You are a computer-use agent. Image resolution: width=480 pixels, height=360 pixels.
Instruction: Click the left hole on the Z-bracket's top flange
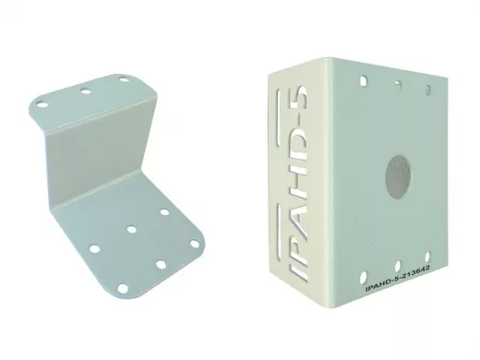click(x=42, y=104)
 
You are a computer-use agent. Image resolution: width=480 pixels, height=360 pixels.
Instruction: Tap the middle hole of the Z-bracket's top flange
click(x=85, y=91)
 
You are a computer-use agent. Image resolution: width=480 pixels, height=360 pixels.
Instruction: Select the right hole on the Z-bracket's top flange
click(x=124, y=79)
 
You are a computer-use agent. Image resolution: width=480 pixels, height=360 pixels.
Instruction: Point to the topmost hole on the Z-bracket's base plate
click(x=164, y=212)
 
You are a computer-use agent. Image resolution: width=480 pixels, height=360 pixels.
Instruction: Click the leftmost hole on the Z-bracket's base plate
click(x=94, y=248)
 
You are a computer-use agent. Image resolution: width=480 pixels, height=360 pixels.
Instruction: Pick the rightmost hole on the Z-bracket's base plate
click(x=195, y=244)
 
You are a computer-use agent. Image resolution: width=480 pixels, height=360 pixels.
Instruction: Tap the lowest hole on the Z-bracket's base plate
click(x=123, y=288)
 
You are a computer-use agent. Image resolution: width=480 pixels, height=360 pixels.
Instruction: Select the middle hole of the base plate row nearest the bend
click(x=132, y=229)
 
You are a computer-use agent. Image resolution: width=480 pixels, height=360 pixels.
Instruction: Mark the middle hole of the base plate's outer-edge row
click(x=161, y=264)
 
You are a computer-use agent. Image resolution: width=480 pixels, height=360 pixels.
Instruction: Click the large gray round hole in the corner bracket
click(x=399, y=177)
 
